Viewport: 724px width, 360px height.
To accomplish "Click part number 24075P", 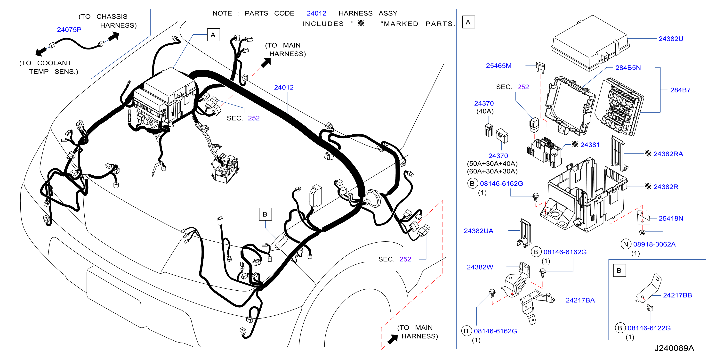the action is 69,30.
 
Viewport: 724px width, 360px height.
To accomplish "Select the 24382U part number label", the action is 671,39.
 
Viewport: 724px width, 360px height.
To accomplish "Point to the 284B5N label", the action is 628,67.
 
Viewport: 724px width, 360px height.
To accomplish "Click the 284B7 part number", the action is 680,90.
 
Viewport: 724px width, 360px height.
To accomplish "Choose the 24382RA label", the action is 668,154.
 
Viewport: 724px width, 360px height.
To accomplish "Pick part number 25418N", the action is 671,218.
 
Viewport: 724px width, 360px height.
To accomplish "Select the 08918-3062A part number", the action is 654,244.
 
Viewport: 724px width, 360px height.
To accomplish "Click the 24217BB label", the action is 677,295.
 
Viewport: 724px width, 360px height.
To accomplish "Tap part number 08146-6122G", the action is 649,328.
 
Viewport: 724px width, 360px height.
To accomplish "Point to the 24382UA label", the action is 478,231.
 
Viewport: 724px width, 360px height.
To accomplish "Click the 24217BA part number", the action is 580,300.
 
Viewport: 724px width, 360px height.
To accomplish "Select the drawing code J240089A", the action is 674,348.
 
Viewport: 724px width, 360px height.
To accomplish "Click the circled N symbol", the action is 626,244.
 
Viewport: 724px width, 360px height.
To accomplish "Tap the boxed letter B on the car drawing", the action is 265,214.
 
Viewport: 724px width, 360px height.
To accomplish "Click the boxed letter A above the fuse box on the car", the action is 213,35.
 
